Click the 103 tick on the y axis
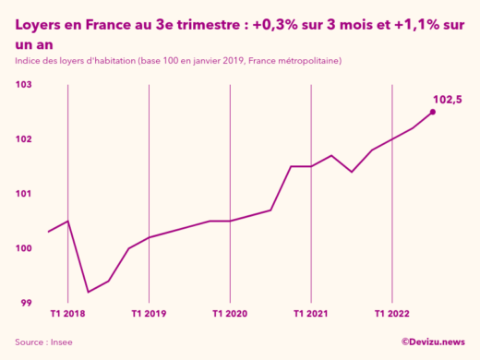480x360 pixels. click(24, 85)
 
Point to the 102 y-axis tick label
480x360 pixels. click(24, 139)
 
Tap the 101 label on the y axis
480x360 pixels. click(24, 194)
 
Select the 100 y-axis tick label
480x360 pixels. click(24, 248)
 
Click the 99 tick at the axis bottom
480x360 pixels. click(27, 303)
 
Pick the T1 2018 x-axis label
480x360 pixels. click(67, 314)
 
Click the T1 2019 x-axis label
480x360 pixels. click(149, 314)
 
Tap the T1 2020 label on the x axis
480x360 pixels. click(230, 314)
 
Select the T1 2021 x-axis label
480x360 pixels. click(311, 314)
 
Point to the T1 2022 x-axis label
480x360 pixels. click(392, 314)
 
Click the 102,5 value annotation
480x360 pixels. click(447, 99)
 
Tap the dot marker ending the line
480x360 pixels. click(433, 113)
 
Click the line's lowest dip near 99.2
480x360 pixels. click(89, 292)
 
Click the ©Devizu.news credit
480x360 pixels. click(432, 342)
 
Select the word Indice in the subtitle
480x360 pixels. click(30, 61)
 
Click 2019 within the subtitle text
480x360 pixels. click(224, 61)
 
